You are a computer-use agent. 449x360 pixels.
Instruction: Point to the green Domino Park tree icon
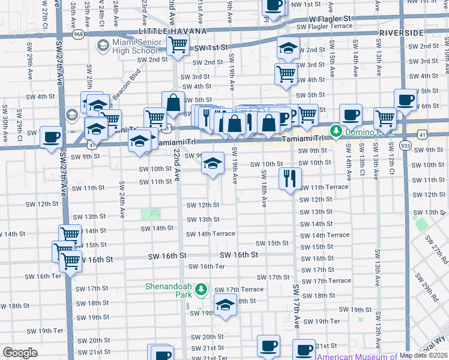(337, 130)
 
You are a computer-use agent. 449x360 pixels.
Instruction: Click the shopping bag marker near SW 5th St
(173, 103)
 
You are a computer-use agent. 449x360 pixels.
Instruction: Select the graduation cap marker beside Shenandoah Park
(225, 305)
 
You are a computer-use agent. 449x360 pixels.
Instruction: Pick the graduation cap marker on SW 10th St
(212, 163)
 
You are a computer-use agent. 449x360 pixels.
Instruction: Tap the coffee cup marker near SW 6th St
(405, 100)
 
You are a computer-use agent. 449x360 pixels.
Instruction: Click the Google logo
(20, 353)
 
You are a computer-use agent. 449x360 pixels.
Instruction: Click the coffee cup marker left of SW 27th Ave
(51, 137)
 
